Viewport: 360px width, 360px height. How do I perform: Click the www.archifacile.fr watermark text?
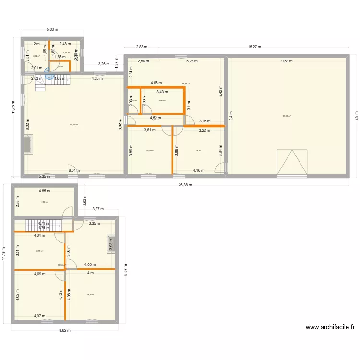point(331,327)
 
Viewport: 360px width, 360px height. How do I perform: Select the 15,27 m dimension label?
point(254,47)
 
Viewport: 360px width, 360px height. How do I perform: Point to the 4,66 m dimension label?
point(156,83)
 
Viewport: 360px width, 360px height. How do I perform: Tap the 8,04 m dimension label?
point(74,170)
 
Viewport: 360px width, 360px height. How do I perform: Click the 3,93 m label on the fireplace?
point(111,245)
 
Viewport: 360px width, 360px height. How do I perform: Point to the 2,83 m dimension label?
point(142,47)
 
